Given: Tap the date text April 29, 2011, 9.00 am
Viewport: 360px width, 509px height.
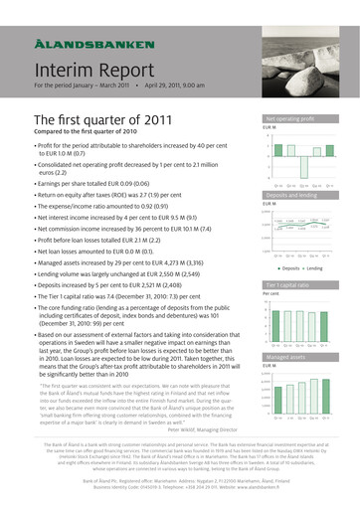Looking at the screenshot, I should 182,86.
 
